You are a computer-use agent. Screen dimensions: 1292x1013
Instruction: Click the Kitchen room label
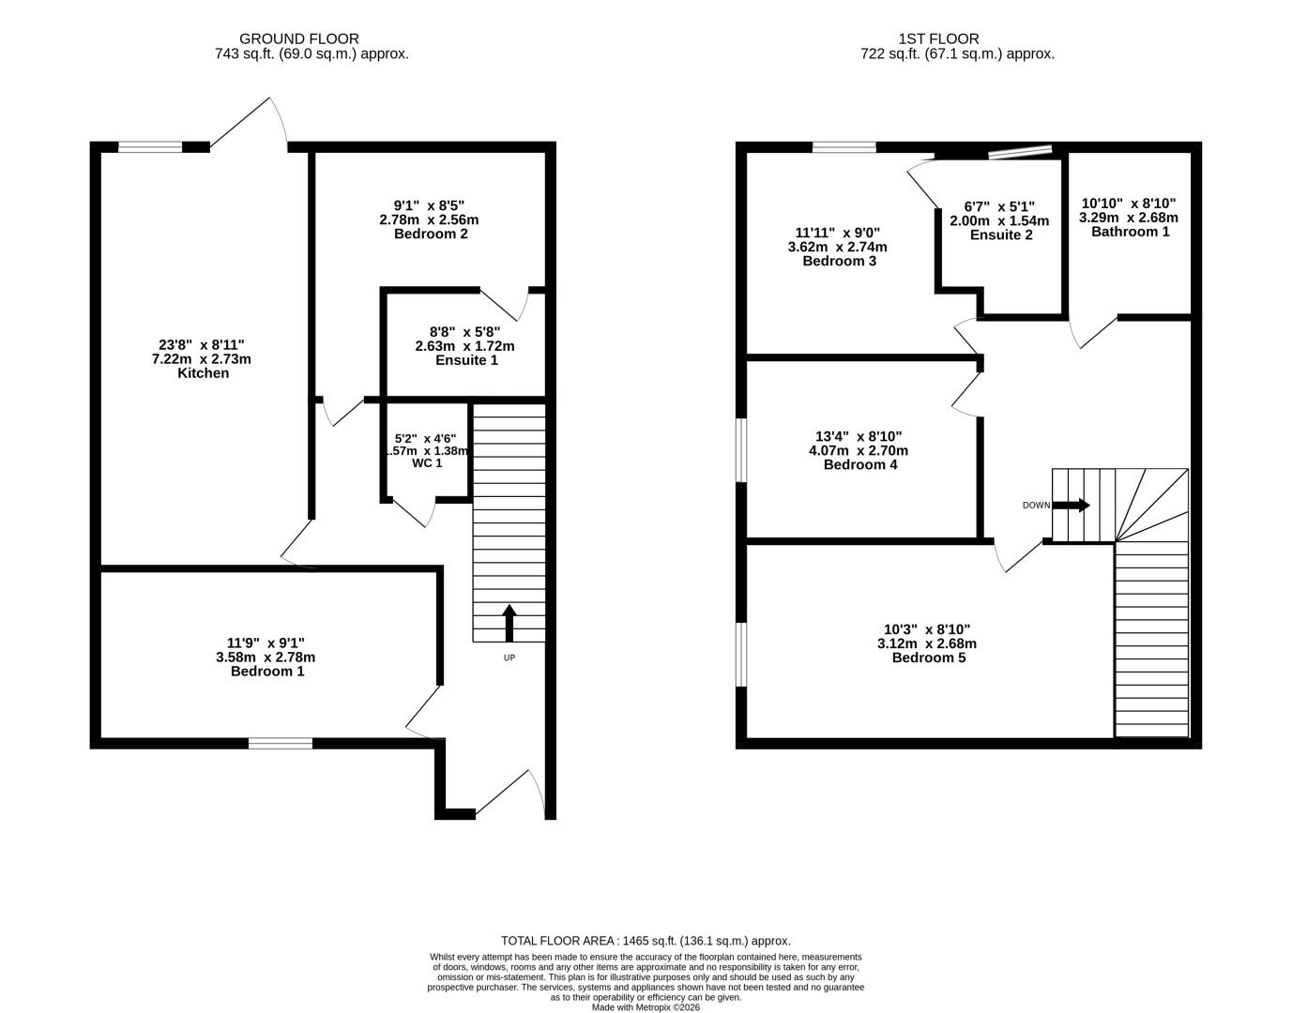point(203,373)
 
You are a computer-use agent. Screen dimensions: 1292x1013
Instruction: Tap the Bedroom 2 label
point(431,234)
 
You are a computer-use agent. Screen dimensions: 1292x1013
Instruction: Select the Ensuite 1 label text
point(466,360)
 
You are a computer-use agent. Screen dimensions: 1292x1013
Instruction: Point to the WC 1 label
point(427,462)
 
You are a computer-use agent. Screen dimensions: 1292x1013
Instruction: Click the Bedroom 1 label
point(267,671)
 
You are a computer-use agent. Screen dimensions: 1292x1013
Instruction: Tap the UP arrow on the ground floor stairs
point(509,623)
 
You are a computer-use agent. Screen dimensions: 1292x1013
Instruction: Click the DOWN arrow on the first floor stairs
point(1071,505)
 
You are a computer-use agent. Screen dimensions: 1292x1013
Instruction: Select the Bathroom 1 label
point(1130,231)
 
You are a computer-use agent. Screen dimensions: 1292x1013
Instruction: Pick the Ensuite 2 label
point(1000,234)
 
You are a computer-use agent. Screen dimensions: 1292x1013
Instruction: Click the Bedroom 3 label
point(839,261)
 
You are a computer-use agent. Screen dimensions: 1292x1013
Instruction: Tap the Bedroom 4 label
point(859,464)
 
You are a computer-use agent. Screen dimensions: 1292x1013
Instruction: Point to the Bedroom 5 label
point(928,658)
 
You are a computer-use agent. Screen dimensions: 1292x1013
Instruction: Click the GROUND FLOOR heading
point(299,38)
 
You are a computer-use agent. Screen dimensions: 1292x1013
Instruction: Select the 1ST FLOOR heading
point(938,38)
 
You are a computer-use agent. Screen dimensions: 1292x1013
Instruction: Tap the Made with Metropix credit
point(646,1007)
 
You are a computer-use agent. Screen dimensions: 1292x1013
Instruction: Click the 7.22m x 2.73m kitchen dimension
point(202,359)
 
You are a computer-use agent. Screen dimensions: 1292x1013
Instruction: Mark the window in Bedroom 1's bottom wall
point(280,743)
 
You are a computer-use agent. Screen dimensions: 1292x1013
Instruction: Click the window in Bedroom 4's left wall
point(741,450)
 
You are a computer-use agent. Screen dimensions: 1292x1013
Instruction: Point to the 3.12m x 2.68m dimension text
point(927,643)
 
